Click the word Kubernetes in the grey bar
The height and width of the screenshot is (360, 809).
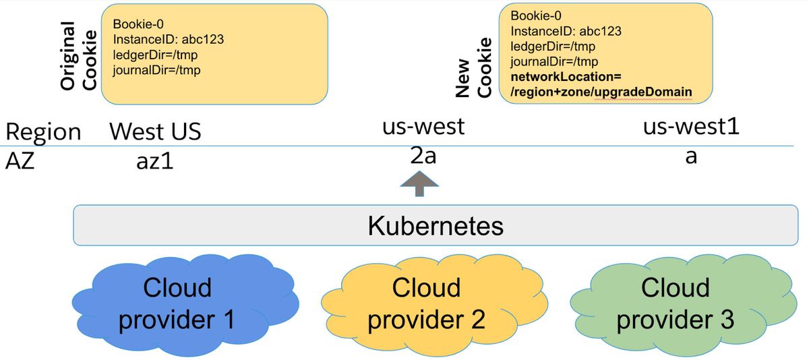436,226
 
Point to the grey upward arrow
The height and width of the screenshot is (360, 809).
419,184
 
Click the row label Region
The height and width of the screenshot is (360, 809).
43,132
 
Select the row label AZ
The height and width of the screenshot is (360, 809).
20,160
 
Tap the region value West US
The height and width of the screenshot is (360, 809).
155,131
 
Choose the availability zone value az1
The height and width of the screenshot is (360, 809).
155,161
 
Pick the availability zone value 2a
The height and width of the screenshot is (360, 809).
423,156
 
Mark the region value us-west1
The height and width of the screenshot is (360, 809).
691,127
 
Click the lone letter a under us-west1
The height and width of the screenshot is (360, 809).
691,157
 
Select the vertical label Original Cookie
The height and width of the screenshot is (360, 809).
78,55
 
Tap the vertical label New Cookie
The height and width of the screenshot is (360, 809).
473,67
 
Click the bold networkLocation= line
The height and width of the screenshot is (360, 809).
566,77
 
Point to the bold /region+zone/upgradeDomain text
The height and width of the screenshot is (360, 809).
601,92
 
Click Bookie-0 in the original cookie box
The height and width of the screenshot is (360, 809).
138,24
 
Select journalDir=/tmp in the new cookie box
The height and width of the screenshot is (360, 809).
554,62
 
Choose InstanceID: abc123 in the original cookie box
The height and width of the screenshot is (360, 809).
169,39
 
